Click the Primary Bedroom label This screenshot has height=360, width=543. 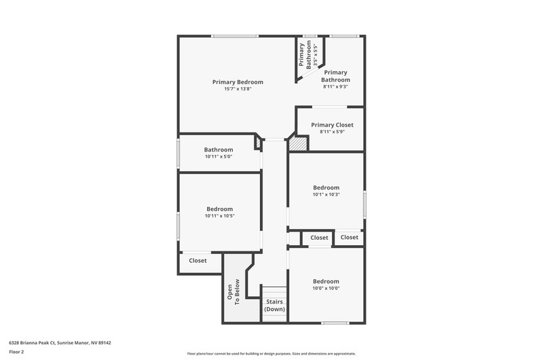(x=238, y=82)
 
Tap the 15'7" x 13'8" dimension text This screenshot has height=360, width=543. (x=238, y=89)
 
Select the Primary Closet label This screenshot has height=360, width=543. (x=332, y=125)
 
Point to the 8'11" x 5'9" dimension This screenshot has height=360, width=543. (x=332, y=132)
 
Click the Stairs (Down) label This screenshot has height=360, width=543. (x=274, y=305)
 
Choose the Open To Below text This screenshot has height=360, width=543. (x=233, y=292)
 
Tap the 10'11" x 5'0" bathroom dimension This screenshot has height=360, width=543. (x=219, y=156)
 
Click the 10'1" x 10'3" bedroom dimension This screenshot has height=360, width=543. (x=326, y=194)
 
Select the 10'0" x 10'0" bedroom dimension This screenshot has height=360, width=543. (x=326, y=288)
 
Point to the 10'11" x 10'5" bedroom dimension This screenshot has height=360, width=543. (x=219, y=215)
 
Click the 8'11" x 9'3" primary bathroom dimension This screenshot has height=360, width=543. (x=335, y=87)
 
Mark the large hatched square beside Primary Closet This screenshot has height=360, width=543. (x=298, y=144)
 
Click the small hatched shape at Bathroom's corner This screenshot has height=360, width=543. (x=258, y=143)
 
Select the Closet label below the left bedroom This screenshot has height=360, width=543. (x=198, y=261)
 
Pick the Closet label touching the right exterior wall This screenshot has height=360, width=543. (x=349, y=237)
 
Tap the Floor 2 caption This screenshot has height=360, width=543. (x=16, y=352)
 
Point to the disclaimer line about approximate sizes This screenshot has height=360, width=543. (x=271, y=354)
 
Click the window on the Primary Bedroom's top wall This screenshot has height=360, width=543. (x=234, y=36)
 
